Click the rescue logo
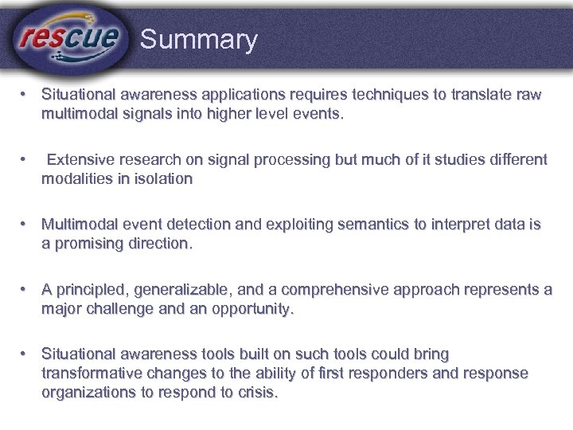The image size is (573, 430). coord(69,37)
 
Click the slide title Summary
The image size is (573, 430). coord(198,40)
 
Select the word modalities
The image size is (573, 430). coord(75,178)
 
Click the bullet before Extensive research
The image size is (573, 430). coord(25,159)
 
